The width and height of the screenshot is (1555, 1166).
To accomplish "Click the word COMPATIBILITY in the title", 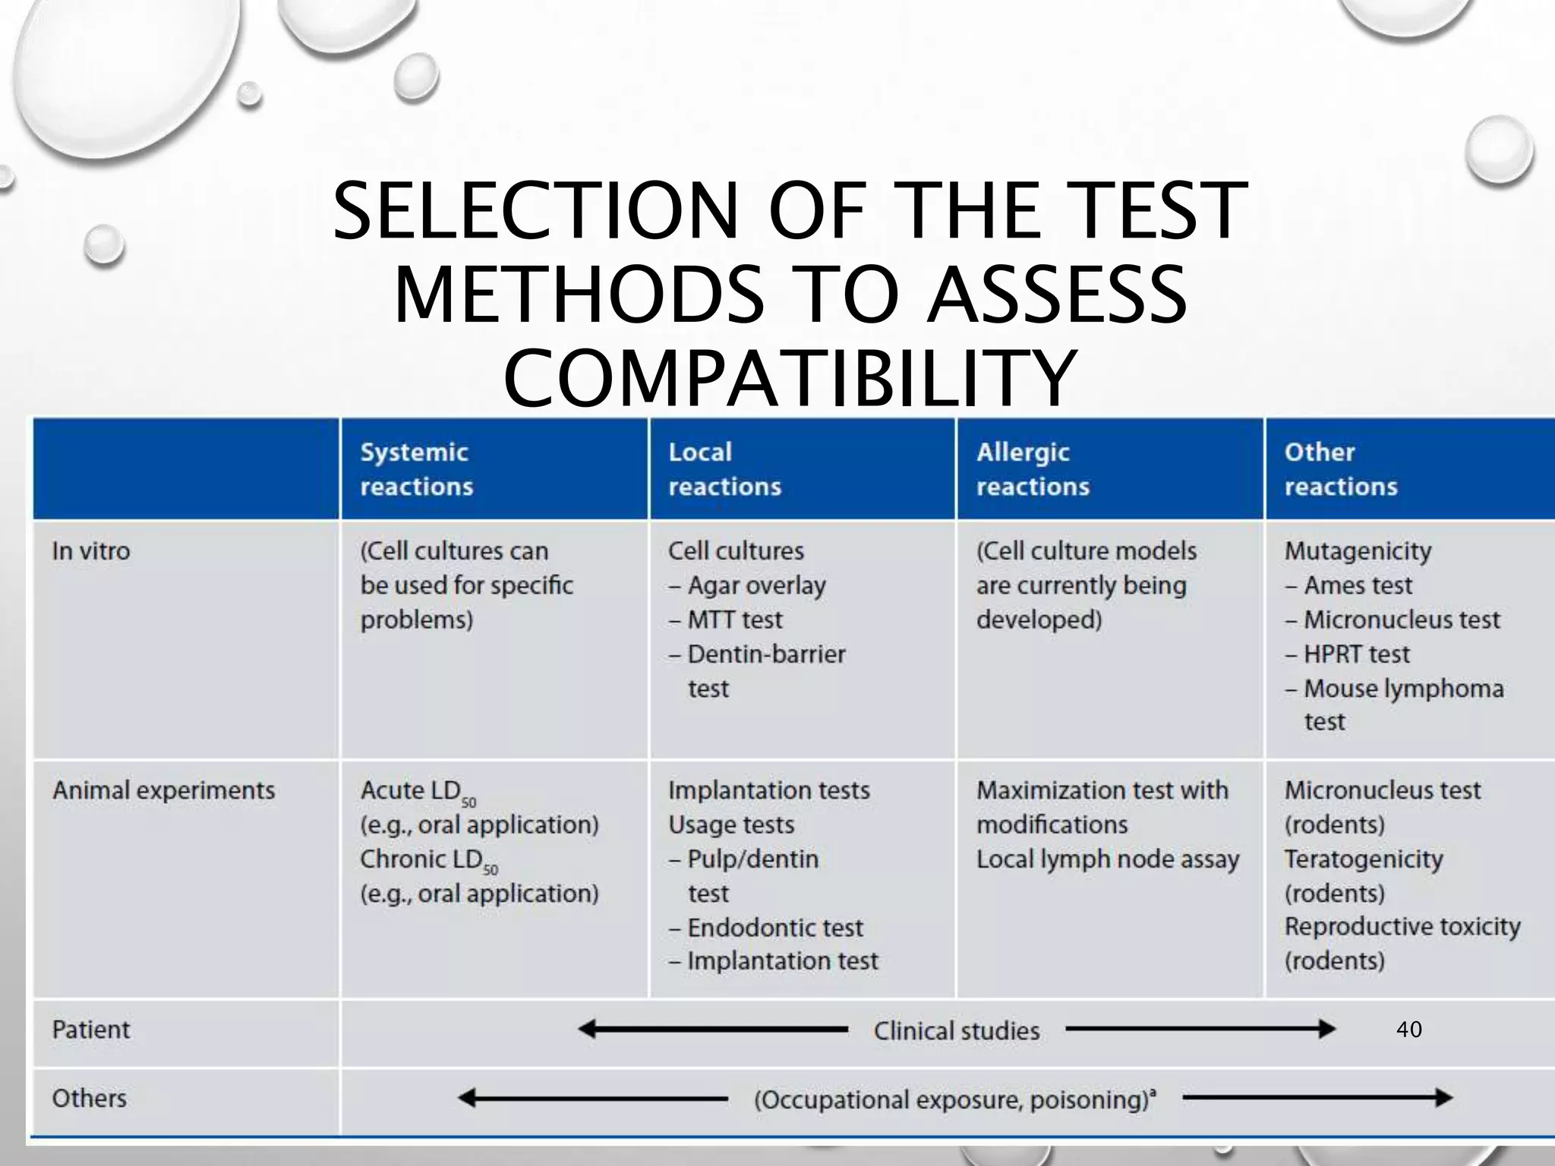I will [x=790, y=378].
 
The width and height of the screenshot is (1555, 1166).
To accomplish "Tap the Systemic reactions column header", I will [x=416, y=469].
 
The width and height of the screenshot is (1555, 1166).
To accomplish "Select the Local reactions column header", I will [x=724, y=469].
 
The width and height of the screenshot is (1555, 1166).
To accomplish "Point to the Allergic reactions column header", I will [x=1033, y=469].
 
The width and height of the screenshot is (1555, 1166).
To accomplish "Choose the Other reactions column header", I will [x=1341, y=469].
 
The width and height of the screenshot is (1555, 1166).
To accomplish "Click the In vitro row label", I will [x=91, y=551].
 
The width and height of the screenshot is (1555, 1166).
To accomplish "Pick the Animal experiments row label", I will [x=163, y=790].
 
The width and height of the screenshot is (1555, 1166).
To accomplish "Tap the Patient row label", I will [x=91, y=1030].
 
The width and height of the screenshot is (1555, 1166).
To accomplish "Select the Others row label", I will [x=90, y=1098].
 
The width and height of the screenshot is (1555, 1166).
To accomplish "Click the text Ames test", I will [x=1358, y=585].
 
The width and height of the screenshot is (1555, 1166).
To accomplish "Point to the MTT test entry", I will [x=734, y=620].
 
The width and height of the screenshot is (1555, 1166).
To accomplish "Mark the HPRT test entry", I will [x=1356, y=654].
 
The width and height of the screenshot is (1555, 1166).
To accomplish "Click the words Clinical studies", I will [x=957, y=1031].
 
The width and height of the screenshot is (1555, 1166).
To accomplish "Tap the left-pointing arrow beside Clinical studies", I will [x=712, y=1030].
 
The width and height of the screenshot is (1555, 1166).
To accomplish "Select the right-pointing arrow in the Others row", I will [x=1317, y=1098].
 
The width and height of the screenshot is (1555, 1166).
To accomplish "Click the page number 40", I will [x=1409, y=1029].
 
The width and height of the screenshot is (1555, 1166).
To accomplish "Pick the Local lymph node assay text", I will [x=1107, y=859].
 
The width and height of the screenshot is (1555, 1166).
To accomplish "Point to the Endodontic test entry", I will [x=774, y=928].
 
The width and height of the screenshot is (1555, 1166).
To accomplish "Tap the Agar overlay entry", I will [x=755, y=585].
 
